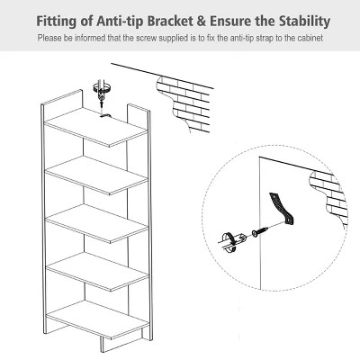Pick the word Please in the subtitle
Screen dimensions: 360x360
[49, 39]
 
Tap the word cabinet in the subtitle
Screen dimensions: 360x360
[309, 39]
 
